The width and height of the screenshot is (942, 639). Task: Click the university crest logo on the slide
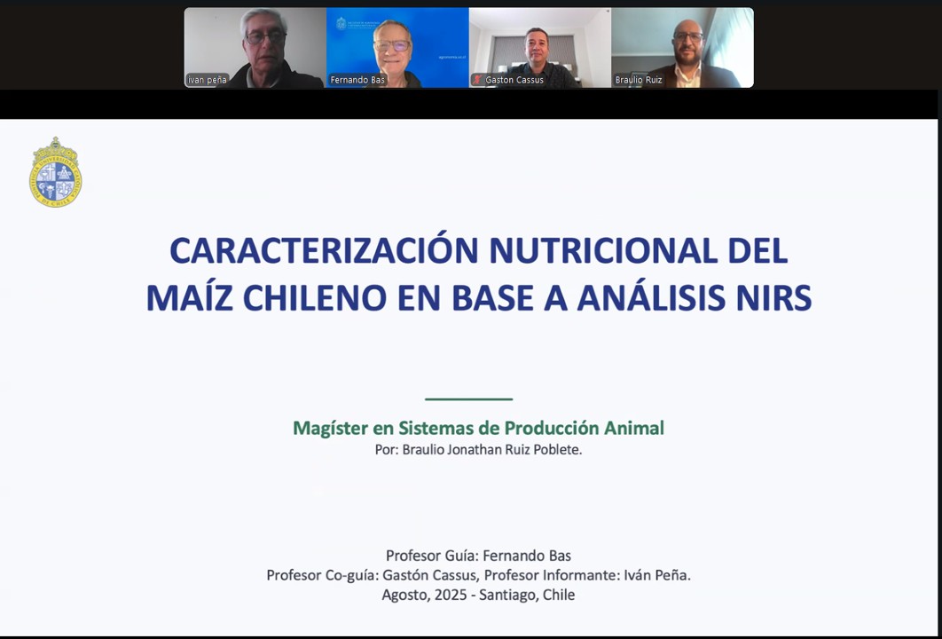pyautogui.click(x=55, y=172)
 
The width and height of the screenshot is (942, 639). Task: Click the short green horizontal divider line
pyautogui.click(x=468, y=398)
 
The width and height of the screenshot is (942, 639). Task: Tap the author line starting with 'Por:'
pyautogui.click(x=478, y=450)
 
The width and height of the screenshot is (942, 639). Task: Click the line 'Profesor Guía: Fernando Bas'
pyautogui.click(x=478, y=556)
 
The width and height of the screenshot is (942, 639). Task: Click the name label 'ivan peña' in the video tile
pyautogui.click(x=208, y=80)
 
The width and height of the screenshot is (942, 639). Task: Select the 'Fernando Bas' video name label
pyautogui.click(x=357, y=80)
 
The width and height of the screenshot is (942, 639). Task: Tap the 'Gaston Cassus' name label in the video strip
pyautogui.click(x=514, y=80)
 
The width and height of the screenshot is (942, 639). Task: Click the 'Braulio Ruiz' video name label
pyautogui.click(x=639, y=80)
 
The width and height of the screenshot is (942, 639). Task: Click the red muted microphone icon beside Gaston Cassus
pyautogui.click(x=477, y=79)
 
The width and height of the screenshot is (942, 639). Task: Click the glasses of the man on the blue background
pyautogui.click(x=392, y=45)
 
